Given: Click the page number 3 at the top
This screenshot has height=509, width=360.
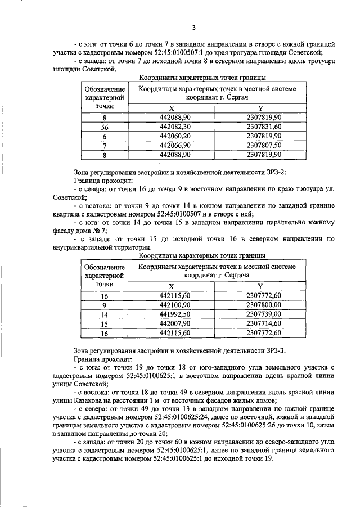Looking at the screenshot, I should coord(193,28).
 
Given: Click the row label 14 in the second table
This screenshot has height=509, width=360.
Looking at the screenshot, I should coord(104,314).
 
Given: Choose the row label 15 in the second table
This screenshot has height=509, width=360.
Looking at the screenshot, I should coord(104,323).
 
